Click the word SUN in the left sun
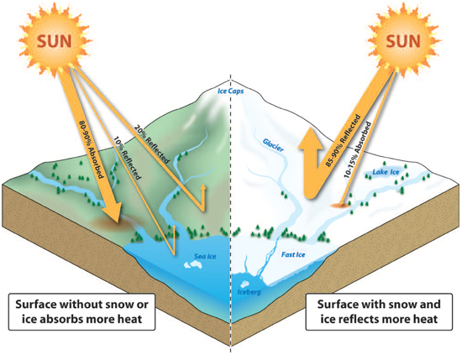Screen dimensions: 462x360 [x=55, y=41]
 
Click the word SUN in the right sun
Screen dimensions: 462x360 [x=402, y=41]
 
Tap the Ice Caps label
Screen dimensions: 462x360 [x=231, y=91]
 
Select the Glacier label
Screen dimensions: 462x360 [x=273, y=145]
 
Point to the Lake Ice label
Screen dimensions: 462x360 [x=386, y=172]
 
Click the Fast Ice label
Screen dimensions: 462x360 [x=293, y=254]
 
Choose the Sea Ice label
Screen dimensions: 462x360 [x=205, y=257]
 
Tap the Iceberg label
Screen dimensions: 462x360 [x=249, y=292]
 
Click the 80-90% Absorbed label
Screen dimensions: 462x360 [x=92, y=149]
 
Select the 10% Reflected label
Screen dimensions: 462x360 [x=127, y=158]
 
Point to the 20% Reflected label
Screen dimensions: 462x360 [x=152, y=144]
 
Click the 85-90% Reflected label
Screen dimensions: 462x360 [x=343, y=141]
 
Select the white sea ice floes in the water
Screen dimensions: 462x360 [x=193, y=265]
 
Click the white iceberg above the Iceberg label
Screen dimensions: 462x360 [x=244, y=284]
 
